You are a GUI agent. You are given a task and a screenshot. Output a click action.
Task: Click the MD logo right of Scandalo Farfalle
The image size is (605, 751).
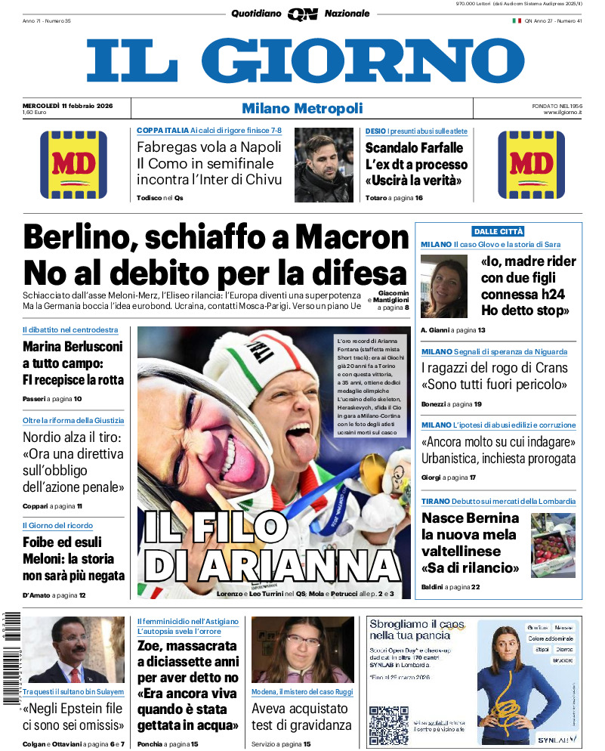[x=531, y=165]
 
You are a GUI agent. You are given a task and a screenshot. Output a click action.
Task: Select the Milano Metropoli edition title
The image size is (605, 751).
[x=302, y=109]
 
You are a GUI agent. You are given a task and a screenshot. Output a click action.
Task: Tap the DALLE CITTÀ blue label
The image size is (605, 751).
[x=498, y=231]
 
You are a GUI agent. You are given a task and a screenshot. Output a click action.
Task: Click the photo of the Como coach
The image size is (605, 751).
[x=324, y=165]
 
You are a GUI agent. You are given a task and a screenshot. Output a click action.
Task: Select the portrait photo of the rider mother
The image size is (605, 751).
[x=444, y=286]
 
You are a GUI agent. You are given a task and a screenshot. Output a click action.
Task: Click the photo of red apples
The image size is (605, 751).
[x=553, y=545]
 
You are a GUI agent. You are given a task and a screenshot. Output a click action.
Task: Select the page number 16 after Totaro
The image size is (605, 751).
[x=418, y=198]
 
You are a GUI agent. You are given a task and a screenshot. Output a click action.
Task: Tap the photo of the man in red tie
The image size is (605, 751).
[x=73, y=651]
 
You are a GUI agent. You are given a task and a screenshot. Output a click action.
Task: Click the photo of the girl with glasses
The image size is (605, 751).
[x=302, y=651]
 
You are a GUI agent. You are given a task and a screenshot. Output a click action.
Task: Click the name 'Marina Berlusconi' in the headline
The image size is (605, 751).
[x=73, y=347]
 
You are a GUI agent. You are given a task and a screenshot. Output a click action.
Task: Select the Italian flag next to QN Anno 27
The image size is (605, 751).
[x=517, y=20]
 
